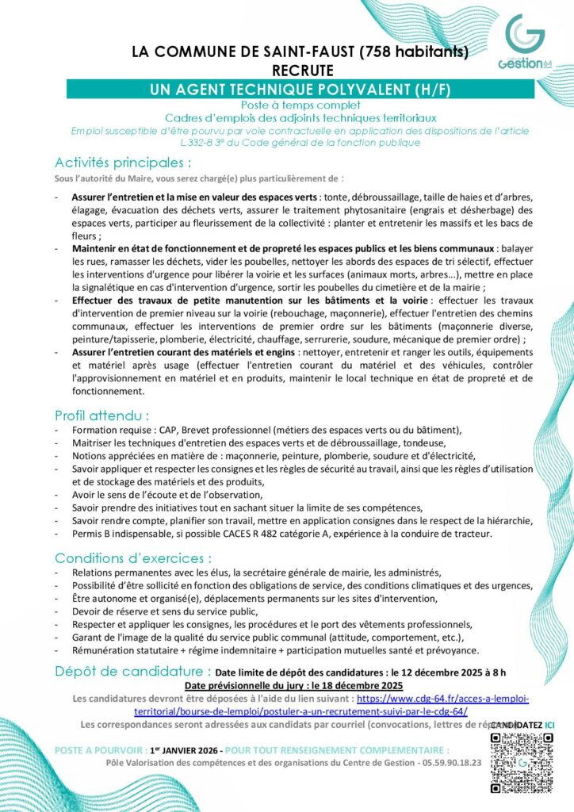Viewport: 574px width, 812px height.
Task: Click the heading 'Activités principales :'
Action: point(123,163)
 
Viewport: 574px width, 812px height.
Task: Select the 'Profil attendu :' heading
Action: point(101,415)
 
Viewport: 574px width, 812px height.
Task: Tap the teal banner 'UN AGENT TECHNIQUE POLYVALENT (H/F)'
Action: point(300,90)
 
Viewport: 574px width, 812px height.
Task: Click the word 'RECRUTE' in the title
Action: point(300,71)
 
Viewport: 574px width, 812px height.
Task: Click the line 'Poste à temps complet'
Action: point(300,105)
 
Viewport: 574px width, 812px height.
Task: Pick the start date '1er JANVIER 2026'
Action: point(174,749)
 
